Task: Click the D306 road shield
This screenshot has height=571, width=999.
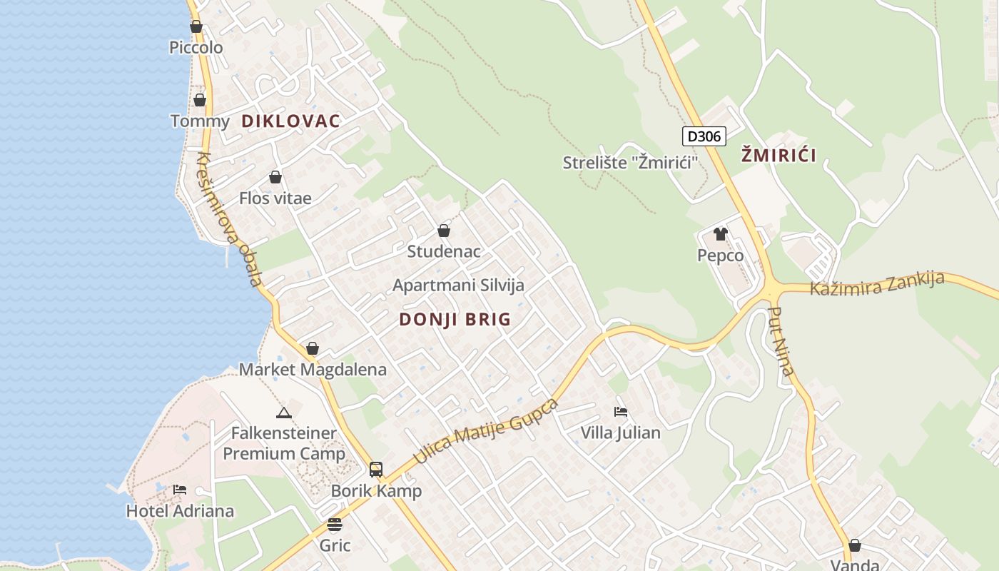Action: click(x=704, y=136)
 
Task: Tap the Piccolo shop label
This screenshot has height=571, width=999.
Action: click(x=196, y=48)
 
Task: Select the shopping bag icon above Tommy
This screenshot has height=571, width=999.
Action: click(x=200, y=100)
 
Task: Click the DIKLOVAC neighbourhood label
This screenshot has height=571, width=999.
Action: click(x=290, y=121)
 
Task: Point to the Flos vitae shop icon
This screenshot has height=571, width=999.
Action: click(x=275, y=177)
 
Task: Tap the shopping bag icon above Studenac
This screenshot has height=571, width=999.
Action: click(x=444, y=231)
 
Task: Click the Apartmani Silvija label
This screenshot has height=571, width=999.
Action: click(x=458, y=285)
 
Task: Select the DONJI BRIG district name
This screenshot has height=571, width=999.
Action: click(x=455, y=319)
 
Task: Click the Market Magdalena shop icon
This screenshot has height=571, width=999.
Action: click(x=312, y=348)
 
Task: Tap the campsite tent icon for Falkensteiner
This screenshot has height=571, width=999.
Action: click(x=284, y=413)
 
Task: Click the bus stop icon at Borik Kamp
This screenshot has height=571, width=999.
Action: click(x=376, y=470)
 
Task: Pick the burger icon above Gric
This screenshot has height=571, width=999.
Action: click(x=335, y=525)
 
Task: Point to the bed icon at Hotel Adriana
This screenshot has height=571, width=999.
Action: click(x=180, y=490)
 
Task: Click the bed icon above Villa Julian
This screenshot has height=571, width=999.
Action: click(x=621, y=411)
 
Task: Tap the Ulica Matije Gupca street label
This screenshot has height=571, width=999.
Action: click(x=485, y=430)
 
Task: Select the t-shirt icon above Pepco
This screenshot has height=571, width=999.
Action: click(x=720, y=234)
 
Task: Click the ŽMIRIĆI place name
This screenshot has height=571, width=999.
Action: click(x=779, y=155)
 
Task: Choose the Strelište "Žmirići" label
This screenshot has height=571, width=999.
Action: click(x=630, y=163)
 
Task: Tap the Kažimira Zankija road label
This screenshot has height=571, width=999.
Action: click(x=877, y=283)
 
